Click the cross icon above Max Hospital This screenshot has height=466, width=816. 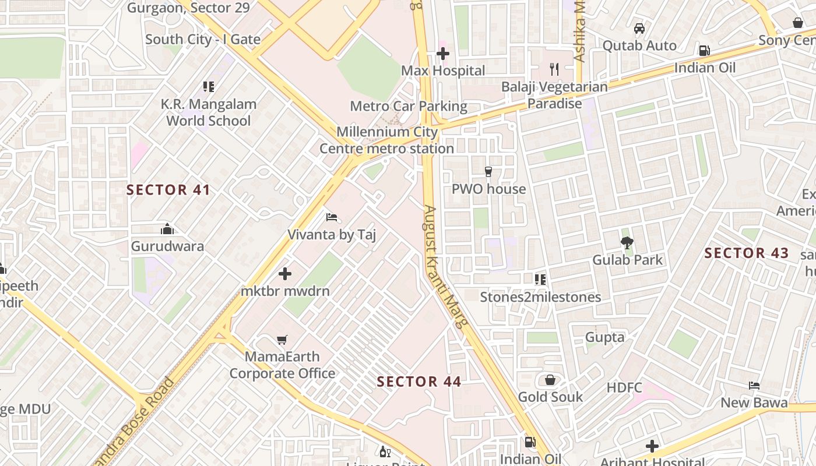coord(442,54)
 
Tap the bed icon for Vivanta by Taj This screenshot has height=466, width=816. coord(332,218)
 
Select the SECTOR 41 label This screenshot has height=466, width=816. coord(168,190)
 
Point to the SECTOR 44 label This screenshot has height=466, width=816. coord(419,382)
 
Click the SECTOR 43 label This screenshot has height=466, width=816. coord(746,253)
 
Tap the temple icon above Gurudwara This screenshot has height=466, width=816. coord(167,229)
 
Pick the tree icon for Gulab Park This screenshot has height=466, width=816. coord(627,243)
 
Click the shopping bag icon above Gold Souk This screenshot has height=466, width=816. coord(550,380)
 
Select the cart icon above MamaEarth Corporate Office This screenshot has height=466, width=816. coord(282,340)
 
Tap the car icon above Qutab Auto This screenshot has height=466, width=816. coord(639,29)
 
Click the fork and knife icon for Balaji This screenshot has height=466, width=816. coord(554,69)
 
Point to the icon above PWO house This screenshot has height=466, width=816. coord(488,172)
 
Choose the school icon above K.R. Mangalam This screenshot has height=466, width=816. coord(209,87)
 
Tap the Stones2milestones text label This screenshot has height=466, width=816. coord(540,297)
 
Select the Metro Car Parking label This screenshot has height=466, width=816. coord(409,106)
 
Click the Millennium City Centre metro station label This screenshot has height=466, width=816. coord(386,140)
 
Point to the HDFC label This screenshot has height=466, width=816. coord(624,388)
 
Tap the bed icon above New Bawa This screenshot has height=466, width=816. coord(754,386)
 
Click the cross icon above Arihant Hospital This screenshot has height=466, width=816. coord(652,447)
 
